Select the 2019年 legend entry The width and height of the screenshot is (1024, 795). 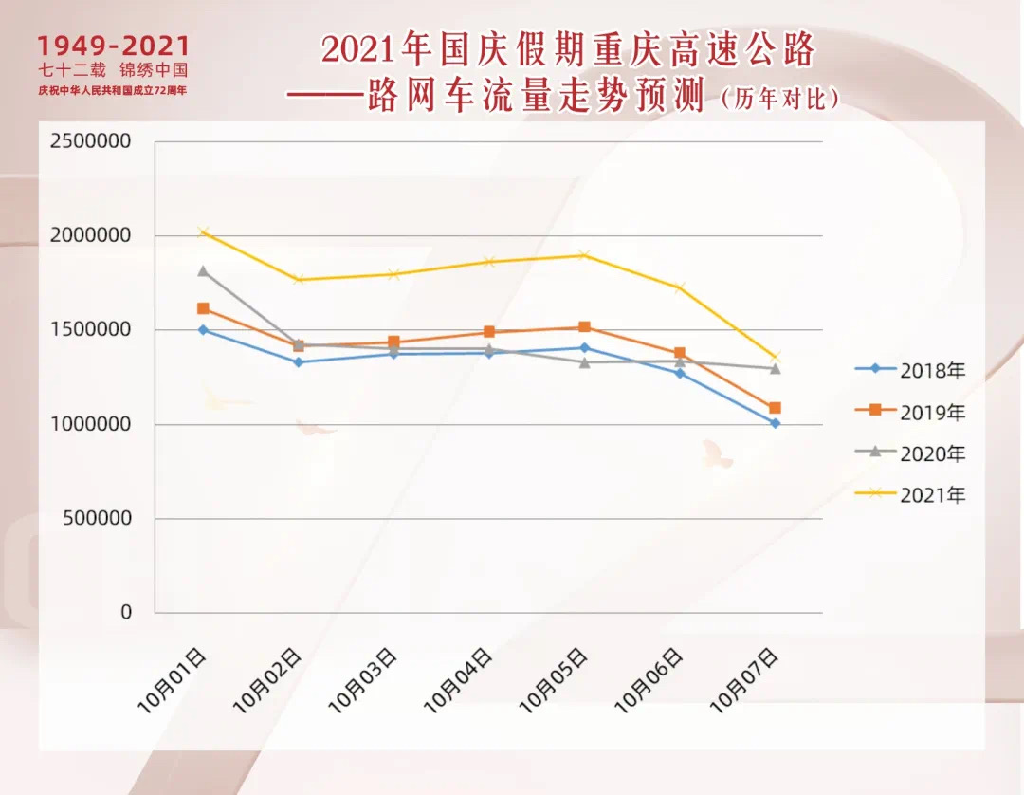pos(910,413)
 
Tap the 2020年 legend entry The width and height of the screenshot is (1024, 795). pos(910,454)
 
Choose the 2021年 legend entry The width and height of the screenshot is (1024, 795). pos(910,495)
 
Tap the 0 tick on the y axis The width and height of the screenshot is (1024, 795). pos(126,613)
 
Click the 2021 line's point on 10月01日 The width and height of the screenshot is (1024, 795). pos(203,231)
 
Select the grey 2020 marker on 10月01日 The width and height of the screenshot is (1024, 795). pos(203,271)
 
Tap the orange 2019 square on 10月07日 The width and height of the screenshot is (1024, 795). pos(775,408)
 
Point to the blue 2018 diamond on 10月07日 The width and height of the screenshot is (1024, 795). pos(775,423)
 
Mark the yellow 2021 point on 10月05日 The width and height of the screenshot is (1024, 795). pos(584,255)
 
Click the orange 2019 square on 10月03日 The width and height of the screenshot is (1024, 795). pos(393,342)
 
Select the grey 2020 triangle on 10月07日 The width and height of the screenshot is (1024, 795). pos(775,368)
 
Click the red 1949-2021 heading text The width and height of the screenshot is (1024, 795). pos(114,46)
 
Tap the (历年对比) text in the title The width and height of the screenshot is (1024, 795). pos(780,99)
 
